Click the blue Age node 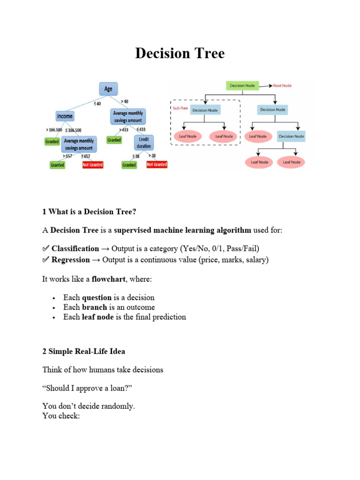[x=108, y=89]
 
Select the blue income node [x=65, y=116]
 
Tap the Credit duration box [x=143, y=142]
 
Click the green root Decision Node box [x=242, y=86]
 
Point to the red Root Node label [x=282, y=86]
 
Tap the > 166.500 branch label [x=53, y=129]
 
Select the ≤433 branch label [x=141, y=129]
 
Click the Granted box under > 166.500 [x=52, y=141]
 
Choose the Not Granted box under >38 [x=157, y=165]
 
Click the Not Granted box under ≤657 [x=92, y=165]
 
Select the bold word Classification [x=75, y=248]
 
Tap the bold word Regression [x=70, y=260]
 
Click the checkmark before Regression [x=45, y=260]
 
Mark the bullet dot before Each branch [x=55, y=308]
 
